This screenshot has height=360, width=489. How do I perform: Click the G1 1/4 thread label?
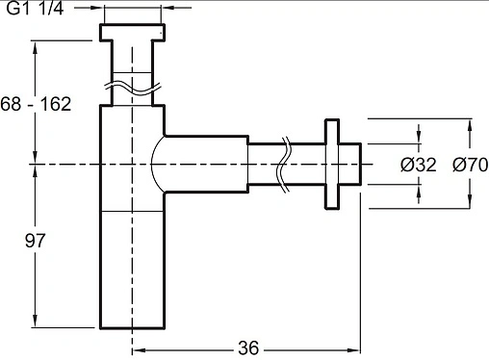tap(35, 9)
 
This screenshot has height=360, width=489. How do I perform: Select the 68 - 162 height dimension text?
tap(36, 104)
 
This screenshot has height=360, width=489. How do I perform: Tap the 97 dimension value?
tap(35, 241)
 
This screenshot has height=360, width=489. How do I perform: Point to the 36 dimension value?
tap(248, 348)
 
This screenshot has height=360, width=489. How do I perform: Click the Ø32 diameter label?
tap(419, 165)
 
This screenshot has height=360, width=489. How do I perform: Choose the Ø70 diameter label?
tap(471, 165)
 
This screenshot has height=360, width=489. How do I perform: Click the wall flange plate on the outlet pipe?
tap(332, 164)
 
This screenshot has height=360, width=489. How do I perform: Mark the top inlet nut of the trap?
tap(132, 32)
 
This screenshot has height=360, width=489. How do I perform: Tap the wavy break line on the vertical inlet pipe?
tap(132, 89)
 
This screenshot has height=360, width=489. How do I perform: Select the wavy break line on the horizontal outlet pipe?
tap(283, 165)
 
